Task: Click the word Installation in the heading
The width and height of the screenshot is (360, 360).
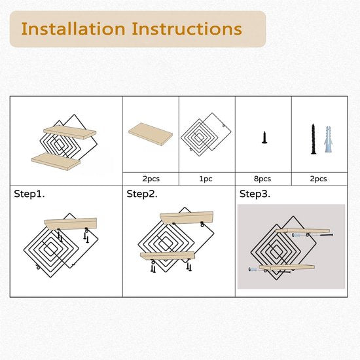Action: (x=73, y=29)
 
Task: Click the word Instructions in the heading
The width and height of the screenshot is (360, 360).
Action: (x=187, y=29)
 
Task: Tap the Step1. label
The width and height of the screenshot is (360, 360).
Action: (x=29, y=194)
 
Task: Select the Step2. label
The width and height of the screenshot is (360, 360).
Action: (x=142, y=194)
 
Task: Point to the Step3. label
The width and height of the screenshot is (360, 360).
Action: (x=255, y=194)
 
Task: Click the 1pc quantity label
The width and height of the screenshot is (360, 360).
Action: (x=206, y=179)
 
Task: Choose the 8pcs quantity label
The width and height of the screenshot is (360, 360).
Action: (x=262, y=179)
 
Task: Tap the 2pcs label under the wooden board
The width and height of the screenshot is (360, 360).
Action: (x=151, y=179)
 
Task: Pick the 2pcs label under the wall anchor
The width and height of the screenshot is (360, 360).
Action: (x=319, y=179)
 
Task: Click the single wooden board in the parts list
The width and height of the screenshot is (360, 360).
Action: (x=151, y=134)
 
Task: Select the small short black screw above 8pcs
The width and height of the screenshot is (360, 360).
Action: (x=264, y=137)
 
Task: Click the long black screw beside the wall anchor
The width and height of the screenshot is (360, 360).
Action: (x=313, y=139)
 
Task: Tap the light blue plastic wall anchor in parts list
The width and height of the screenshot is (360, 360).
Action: (x=329, y=139)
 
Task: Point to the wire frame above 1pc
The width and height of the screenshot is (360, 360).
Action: (x=206, y=135)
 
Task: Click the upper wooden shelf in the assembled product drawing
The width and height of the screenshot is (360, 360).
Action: (x=70, y=132)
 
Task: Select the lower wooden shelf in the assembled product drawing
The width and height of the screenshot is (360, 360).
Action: (x=56, y=162)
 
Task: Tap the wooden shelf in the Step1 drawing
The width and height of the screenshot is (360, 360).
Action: (x=71, y=224)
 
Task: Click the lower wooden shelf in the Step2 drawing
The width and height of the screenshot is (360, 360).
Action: (x=168, y=256)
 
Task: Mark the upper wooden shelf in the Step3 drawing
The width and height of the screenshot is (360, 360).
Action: (x=302, y=231)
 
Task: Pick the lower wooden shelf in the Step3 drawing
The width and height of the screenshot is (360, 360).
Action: (x=287, y=267)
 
